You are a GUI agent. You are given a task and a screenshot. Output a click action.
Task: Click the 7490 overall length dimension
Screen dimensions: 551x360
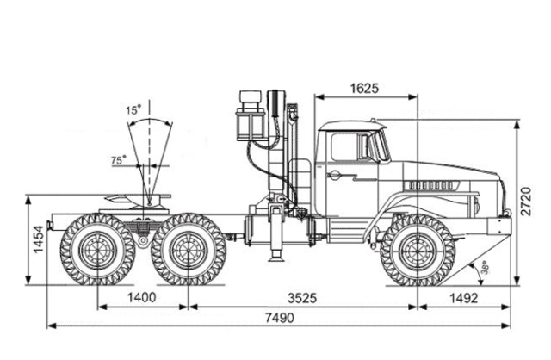tap(279, 318)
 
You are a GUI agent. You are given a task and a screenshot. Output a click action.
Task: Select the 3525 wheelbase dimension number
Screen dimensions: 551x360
tap(302, 298)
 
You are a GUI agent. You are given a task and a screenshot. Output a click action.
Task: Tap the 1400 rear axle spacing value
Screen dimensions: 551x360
tap(141, 298)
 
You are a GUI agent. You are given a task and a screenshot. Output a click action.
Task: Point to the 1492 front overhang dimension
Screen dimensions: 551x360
tap(464, 298)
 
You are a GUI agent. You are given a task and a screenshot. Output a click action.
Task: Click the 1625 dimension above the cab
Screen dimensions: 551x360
tap(365, 89)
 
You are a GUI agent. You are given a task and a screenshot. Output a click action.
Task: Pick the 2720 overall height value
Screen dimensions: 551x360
tap(526, 201)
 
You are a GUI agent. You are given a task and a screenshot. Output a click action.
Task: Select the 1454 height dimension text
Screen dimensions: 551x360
tap(38, 239)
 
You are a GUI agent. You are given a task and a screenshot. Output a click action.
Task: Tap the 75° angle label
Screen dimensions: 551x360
tap(119, 160)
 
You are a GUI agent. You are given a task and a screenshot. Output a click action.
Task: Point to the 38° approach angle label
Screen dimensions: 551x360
tap(485, 267)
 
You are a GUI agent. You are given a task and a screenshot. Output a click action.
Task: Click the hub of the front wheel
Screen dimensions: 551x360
tap(418, 250)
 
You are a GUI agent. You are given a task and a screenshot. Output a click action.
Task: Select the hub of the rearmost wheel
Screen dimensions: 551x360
tap(97, 250)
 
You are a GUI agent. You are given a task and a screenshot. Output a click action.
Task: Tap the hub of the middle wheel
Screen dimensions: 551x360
tap(189, 250)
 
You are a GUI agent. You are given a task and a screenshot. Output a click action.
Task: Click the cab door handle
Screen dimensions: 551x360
tap(333, 174)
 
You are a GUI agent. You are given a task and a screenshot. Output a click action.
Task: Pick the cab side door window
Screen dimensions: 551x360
tap(344, 147)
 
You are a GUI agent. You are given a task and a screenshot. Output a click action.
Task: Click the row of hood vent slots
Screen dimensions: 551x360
tap(430, 185)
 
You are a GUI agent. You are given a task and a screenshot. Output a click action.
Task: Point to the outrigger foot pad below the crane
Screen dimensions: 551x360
tap(275, 259)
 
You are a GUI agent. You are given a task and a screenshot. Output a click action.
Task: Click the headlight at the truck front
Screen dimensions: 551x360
tap(476, 205)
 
